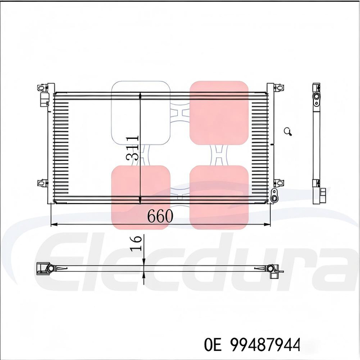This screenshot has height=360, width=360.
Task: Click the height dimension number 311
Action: pos(133,148)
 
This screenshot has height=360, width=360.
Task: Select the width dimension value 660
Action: pos(160,216)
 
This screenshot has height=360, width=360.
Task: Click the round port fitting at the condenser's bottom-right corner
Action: pos(274,195)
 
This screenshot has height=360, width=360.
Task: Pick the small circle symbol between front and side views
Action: pos(288,132)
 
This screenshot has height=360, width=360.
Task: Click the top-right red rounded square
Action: pos(219,112)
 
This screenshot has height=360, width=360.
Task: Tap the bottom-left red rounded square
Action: pos(141,197)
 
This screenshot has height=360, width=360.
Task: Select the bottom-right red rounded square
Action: pos(219,197)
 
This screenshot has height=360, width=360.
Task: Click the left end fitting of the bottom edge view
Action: pos(44,268)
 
